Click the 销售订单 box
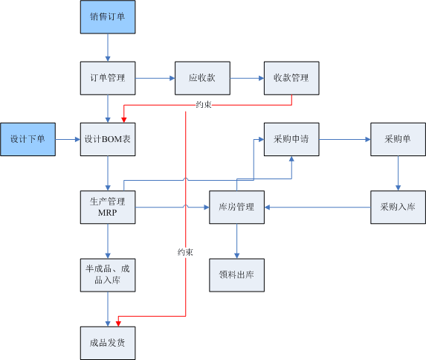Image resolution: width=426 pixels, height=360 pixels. point(108,17)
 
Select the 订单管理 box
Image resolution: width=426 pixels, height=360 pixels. point(108,78)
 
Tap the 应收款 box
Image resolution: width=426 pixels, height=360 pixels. point(202,78)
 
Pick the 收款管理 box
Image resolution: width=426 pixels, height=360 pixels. point(291,78)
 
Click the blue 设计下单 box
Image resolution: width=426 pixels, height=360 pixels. point(28,139)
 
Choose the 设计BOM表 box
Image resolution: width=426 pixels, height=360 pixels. point(108,139)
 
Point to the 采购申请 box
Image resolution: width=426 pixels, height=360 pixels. point(291,139)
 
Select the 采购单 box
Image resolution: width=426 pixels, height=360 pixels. point(398,139)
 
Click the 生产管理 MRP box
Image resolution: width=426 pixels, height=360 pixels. point(108,208)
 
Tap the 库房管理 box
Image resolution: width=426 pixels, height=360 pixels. point(236,208)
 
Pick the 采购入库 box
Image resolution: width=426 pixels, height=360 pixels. point(398,208)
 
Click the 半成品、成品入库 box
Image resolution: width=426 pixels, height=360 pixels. point(108,275)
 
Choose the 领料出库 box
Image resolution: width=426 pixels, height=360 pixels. point(236,275)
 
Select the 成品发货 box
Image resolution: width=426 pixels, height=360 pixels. point(108,343)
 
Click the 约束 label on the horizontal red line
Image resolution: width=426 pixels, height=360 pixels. point(204,105)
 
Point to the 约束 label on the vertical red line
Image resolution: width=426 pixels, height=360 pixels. point(185,252)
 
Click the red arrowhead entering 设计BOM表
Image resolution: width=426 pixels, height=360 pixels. point(124,120)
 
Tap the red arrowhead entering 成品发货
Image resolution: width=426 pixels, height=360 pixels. point(118,324)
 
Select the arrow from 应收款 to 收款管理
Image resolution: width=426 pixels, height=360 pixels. point(248,78)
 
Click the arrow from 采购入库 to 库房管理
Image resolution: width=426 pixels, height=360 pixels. point(317,208)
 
